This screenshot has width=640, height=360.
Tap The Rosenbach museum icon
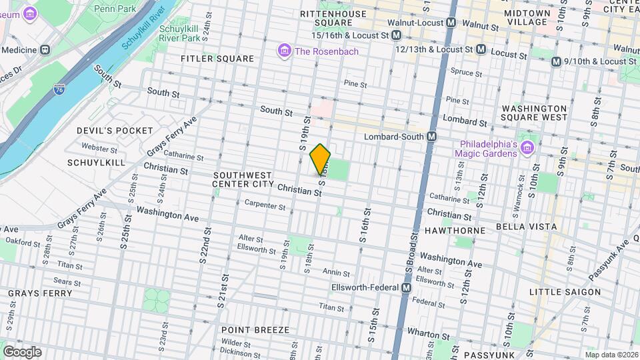285,51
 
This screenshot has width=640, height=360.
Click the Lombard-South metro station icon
432,137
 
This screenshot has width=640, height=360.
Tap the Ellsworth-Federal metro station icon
405,288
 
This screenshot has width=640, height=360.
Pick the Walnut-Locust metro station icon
451,23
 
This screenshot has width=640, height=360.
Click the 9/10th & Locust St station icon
556,61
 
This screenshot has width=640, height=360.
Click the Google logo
21,352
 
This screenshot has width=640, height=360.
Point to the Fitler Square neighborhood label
217,59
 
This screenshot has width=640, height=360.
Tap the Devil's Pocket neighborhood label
105,131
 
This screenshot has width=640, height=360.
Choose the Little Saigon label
565,292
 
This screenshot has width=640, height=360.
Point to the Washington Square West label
534,113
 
